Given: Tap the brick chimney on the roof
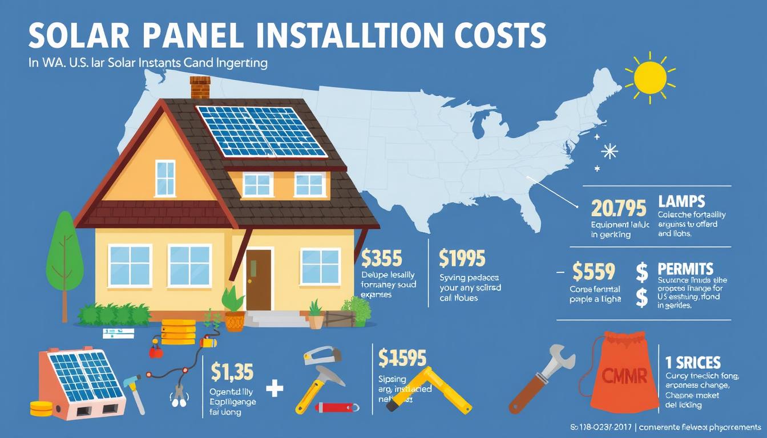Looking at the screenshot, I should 200,88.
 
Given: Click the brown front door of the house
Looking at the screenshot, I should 259,279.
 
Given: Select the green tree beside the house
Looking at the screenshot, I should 64,251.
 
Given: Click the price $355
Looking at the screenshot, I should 382,258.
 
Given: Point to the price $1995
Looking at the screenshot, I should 463,258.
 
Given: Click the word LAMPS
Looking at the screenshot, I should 681,201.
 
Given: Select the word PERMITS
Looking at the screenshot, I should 685,269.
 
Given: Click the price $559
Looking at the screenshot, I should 594,271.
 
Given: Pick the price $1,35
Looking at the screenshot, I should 232,371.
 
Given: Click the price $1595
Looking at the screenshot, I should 402,358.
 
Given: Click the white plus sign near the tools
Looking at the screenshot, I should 274,389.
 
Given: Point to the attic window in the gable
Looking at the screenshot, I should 165,178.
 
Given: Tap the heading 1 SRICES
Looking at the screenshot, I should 693,362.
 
